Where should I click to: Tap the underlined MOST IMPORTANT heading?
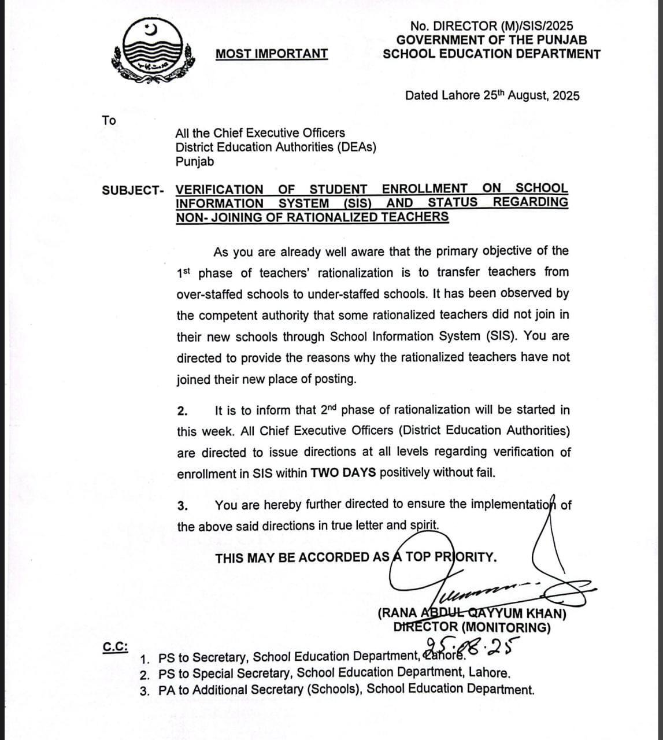[x=272, y=54]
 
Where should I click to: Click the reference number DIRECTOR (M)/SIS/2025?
[x=491, y=26]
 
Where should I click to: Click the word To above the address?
[x=109, y=120]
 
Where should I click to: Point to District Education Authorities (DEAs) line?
[x=276, y=147]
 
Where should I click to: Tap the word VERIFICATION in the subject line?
[x=219, y=189]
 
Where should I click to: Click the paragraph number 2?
[x=182, y=411]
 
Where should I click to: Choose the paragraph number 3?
[x=182, y=506]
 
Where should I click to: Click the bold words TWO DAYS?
[x=343, y=473]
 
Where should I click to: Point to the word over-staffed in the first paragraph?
[x=209, y=294]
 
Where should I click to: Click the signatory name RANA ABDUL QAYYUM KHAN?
[x=472, y=614]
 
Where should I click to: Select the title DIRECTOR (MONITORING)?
[x=472, y=628]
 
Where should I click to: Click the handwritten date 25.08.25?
[x=472, y=647]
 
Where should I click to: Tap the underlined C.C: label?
[x=116, y=647]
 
